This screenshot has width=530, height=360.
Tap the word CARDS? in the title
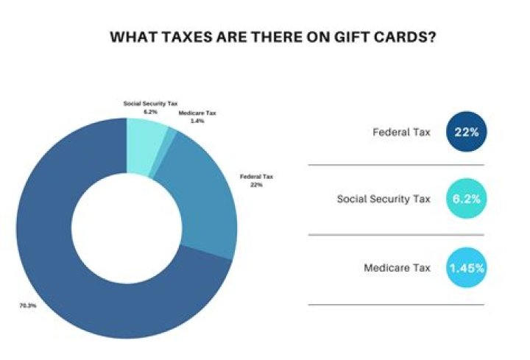click(x=397, y=37)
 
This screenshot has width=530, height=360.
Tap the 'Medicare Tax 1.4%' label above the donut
click(x=197, y=116)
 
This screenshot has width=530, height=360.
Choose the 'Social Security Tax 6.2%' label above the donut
click(x=151, y=107)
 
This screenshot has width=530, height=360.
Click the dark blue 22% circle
click(x=467, y=133)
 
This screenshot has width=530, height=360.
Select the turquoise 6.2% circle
click(x=467, y=199)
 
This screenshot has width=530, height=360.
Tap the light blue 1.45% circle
click(x=467, y=267)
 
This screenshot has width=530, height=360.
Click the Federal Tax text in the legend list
click(x=402, y=133)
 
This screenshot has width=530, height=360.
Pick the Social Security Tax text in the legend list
click(x=384, y=200)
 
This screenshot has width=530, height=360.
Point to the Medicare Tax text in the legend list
click(x=397, y=268)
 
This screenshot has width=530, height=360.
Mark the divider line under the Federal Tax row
click(x=396, y=166)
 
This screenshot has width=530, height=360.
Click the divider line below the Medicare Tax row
click(x=396, y=304)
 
